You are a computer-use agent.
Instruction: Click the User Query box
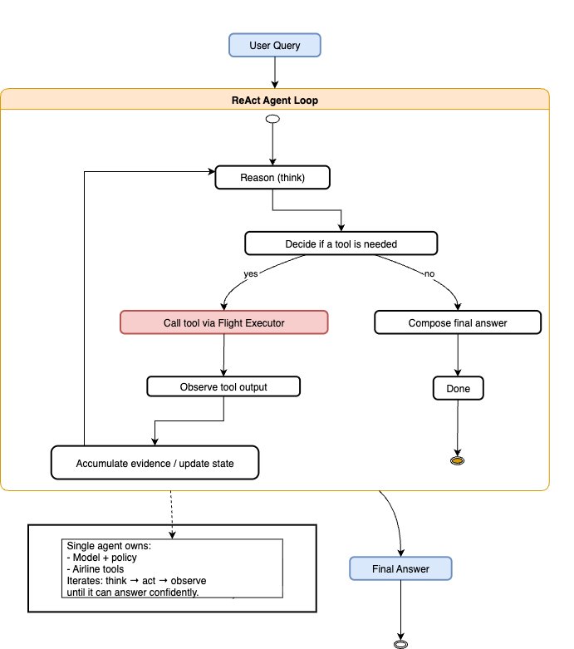275,45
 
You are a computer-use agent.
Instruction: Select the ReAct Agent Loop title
275,101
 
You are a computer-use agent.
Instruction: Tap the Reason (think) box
272,177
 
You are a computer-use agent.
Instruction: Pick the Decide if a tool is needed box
341,243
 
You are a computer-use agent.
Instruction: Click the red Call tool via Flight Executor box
223,322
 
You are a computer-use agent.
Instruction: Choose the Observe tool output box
223,386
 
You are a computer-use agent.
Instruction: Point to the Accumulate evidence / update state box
155,463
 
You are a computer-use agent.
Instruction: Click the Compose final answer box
458,322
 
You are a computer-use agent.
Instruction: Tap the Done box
458,387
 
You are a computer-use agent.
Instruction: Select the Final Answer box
401,569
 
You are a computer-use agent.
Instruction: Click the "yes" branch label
250,273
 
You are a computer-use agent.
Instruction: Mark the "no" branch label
429,273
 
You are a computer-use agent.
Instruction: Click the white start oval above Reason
272,120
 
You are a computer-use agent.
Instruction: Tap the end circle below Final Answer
401,643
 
